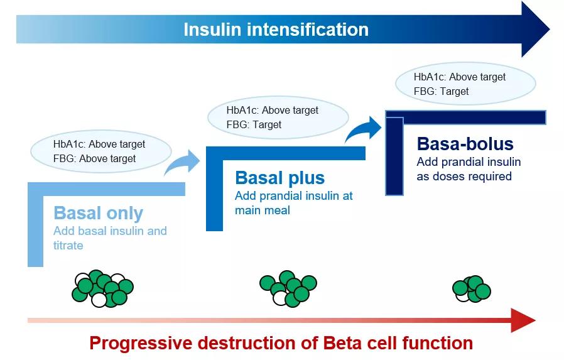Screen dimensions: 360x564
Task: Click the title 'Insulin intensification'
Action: (x=276, y=30)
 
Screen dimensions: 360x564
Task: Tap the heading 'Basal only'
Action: (x=99, y=213)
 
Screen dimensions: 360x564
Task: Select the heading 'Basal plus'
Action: (x=279, y=178)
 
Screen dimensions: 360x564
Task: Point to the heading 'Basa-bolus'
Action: (x=465, y=144)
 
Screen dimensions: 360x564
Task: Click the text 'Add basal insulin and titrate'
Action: (x=110, y=237)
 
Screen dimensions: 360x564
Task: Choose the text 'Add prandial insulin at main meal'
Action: (x=293, y=203)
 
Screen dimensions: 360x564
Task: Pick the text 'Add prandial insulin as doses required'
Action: (x=469, y=169)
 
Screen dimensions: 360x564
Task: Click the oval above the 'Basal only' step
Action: (x=100, y=151)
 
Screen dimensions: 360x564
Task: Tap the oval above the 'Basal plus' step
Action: (x=278, y=117)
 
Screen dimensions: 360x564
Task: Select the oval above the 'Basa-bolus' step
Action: (x=465, y=84)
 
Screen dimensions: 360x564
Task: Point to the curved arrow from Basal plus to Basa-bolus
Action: (x=364, y=129)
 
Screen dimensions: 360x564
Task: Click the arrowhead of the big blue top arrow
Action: (x=535, y=30)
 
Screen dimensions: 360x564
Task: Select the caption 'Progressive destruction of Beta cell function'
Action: (x=281, y=343)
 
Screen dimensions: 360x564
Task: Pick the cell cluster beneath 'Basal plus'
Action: (x=288, y=288)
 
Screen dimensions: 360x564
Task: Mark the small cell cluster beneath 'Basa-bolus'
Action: (x=472, y=288)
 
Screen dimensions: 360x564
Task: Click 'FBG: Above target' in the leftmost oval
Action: (x=94, y=158)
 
